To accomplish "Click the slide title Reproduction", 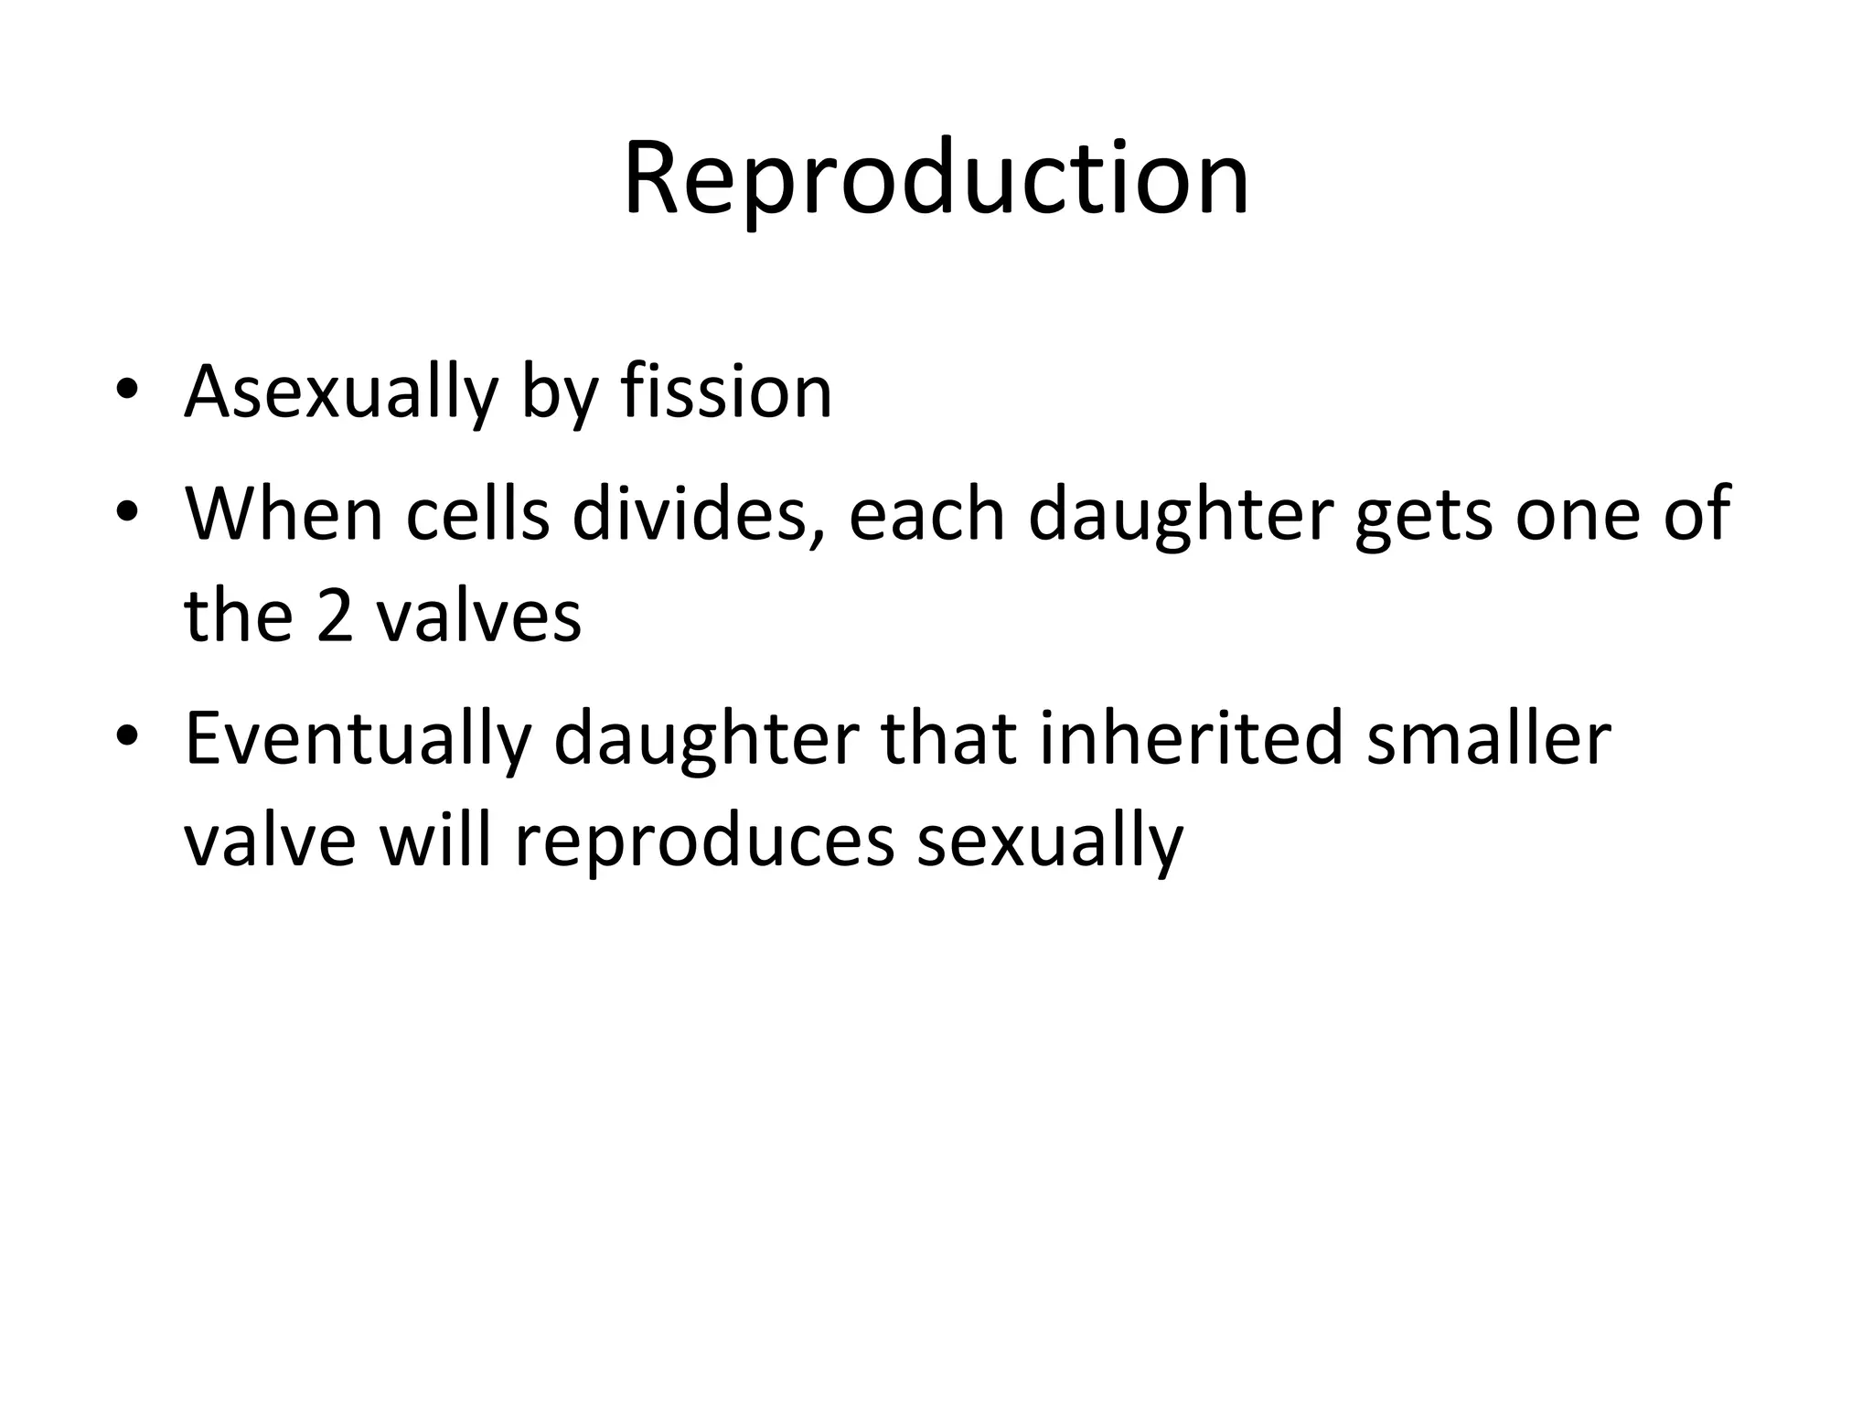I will click(936, 178).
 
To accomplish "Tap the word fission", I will click(726, 391).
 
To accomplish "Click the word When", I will click(284, 514).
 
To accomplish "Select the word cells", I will click(477, 514).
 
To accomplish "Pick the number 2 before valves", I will click(335, 616).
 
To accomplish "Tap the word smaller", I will click(1488, 738).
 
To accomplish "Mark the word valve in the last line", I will click(270, 840).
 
